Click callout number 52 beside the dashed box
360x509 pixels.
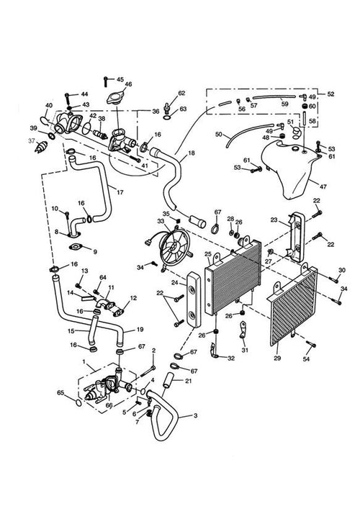(x=330, y=94)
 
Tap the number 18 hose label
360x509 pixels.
(x=192, y=153)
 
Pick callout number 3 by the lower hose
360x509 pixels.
(x=195, y=415)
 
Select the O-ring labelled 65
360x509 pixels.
(x=78, y=403)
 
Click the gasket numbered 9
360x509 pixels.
(x=78, y=248)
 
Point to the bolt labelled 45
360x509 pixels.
(x=106, y=81)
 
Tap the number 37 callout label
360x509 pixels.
(x=32, y=141)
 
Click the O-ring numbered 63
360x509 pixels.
(x=166, y=117)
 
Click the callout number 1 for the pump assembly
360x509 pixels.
(x=84, y=361)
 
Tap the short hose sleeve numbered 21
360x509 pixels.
(x=168, y=379)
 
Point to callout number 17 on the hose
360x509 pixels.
(x=120, y=192)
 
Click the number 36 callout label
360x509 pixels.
(x=156, y=112)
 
